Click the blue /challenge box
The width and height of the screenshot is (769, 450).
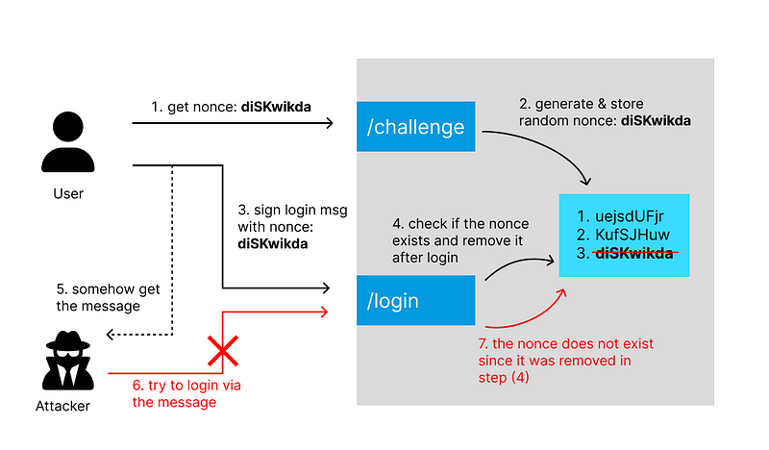pyautogui.click(x=416, y=126)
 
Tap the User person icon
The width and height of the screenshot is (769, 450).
pyautogui.click(x=68, y=141)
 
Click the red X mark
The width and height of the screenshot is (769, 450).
pyautogui.click(x=222, y=353)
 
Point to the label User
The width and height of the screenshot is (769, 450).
pyautogui.click(x=68, y=194)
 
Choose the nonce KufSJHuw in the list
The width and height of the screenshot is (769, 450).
pyautogui.click(x=624, y=235)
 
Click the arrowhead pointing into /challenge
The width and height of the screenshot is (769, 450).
pyautogui.click(x=328, y=123)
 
